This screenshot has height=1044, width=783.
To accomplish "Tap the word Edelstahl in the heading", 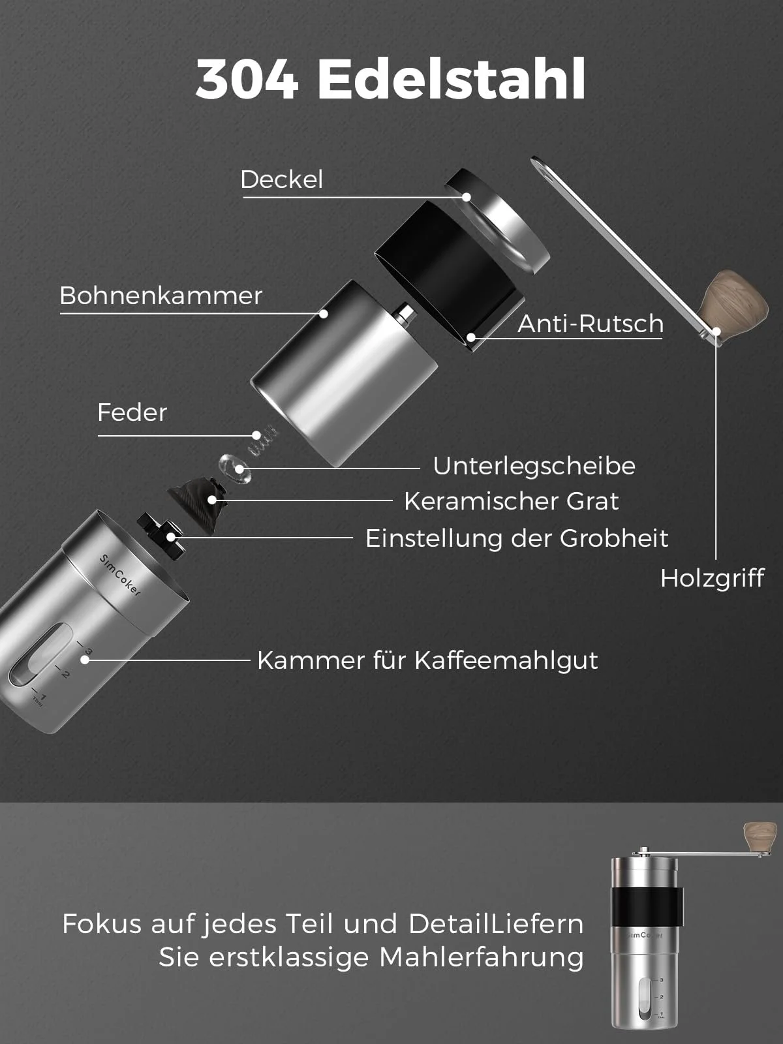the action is tap(451, 78).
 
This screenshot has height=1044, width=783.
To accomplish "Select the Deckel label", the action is tap(281, 179).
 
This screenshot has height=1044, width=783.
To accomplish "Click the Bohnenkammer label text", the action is tap(161, 296).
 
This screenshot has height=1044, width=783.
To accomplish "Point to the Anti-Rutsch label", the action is tap(591, 324).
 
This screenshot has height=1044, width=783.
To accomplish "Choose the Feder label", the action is tap(132, 412).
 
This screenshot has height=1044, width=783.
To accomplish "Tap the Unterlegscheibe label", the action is tap(534, 466).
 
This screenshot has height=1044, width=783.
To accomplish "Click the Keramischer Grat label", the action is tap(512, 501).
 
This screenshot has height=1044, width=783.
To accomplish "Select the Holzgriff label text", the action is tap(712, 578).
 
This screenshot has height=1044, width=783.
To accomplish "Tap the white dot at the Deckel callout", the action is tap(467, 197).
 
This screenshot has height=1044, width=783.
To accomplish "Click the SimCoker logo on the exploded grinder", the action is tap(120, 575).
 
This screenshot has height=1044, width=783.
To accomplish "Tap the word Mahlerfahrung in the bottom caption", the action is tap(481, 957).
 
